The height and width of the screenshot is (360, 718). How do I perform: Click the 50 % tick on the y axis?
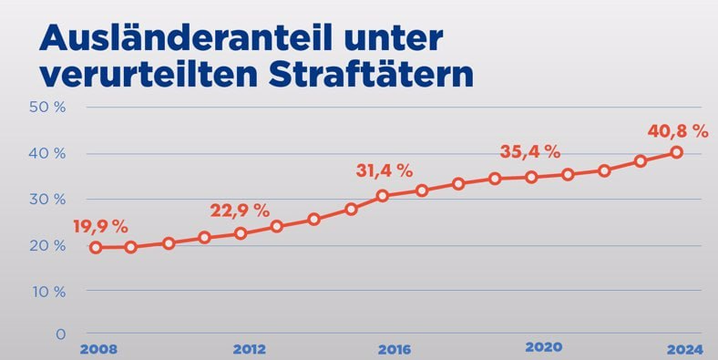(47, 107)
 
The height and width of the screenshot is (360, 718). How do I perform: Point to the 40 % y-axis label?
(47, 153)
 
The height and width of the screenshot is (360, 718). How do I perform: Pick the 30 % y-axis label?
(47, 199)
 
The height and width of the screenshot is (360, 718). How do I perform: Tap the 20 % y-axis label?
(47, 245)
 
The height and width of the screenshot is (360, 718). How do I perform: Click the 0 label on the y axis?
(60, 334)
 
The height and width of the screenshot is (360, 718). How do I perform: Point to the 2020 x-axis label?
(544, 347)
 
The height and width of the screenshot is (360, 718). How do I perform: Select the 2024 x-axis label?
(683, 350)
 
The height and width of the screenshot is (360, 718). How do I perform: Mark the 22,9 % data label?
(240, 210)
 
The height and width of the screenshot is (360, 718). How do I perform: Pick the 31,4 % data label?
(384, 170)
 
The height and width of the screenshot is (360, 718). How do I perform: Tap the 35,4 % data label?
(530, 151)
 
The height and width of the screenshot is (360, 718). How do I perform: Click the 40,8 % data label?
(678, 130)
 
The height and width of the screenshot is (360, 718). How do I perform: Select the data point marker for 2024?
(677, 152)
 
